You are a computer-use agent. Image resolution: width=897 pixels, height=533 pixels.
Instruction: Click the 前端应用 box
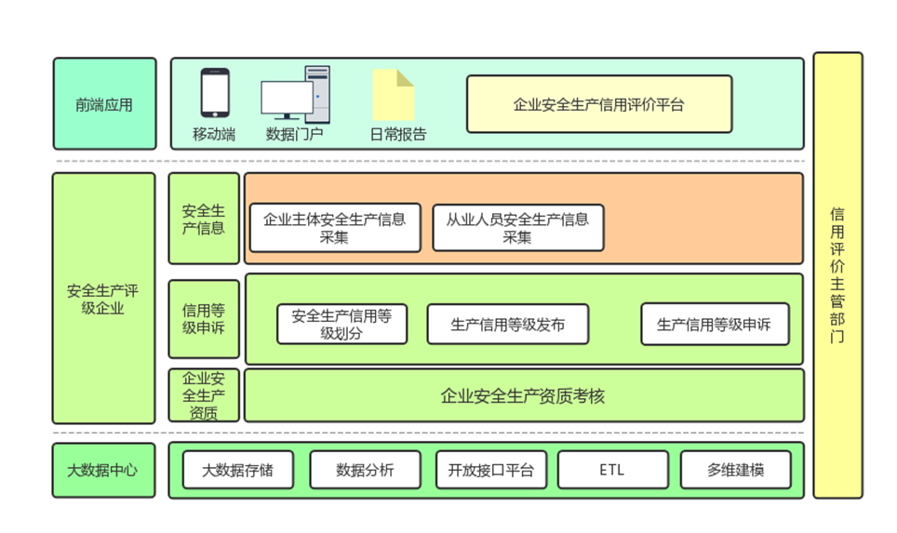(104, 104)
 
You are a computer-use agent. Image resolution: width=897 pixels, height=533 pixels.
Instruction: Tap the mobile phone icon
(215, 93)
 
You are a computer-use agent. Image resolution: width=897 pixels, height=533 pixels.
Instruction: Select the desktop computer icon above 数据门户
(295, 95)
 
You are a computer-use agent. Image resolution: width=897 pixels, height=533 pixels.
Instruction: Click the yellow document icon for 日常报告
(394, 95)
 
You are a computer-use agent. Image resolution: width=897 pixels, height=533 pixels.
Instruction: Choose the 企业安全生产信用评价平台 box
(598, 104)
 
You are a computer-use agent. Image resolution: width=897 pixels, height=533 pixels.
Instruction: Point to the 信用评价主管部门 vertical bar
(837, 275)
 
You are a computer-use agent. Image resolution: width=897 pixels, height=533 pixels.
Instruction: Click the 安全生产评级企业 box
(103, 299)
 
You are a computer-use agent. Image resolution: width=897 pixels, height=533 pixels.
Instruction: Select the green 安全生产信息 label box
(204, 219)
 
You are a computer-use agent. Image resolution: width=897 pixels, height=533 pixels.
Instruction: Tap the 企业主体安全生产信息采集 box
(335, 228)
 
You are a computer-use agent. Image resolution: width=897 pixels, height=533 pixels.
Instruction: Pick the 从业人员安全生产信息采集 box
(517, 228)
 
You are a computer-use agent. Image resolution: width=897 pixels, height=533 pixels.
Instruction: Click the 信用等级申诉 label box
(204, 319)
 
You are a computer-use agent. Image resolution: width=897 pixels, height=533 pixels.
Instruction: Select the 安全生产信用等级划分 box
(341, 324)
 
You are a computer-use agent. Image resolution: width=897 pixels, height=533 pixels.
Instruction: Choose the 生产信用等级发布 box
(507, 324)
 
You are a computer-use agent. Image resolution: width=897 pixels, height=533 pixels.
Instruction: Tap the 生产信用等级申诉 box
(714, 324)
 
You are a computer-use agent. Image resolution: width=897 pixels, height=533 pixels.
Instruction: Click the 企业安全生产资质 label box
(204, 395)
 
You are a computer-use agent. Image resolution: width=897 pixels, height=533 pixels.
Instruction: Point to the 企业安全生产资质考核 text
(523, 396)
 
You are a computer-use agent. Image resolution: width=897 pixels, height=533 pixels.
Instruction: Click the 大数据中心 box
(103, 470)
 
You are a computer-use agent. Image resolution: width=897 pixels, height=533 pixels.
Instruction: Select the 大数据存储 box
(238, 470)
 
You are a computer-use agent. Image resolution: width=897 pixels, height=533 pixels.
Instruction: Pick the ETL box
(612, 470)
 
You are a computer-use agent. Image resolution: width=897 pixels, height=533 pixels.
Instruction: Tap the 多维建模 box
(735, 470)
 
